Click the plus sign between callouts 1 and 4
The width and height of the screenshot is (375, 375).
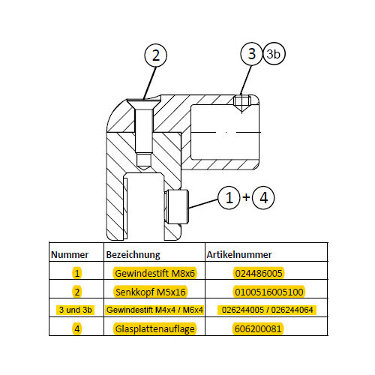[246, 197]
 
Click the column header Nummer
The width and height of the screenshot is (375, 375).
[70, 255]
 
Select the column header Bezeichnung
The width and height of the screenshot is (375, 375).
[133, 255]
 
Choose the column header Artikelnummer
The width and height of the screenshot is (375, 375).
[239, 255]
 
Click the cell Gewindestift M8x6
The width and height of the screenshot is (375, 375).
[154, 273]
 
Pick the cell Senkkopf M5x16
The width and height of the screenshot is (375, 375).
[151, 292]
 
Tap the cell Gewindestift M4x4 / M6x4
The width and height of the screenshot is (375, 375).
[154, 310]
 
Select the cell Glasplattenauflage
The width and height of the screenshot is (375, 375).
[154, 329]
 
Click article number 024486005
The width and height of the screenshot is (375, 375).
[259, 273]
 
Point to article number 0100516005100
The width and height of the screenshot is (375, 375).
[269, 292]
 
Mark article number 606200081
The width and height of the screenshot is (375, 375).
[258, 328]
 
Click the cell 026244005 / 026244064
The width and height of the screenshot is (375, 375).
[267, 310]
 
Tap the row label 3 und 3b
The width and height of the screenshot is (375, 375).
[76, 310]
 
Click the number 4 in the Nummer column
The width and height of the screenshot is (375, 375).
[77, 329]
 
